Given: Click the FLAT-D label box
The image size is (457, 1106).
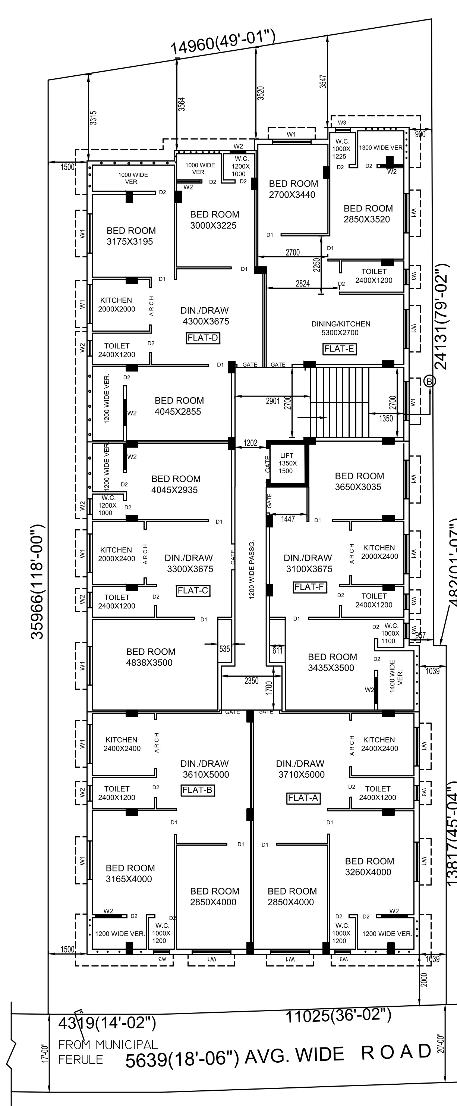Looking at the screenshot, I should click(x=203, y=338).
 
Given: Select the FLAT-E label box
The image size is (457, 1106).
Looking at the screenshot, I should click(x=339, y=349).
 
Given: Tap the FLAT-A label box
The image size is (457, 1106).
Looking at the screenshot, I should click(x=303, y=798).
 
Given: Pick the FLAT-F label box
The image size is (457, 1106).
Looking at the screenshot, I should click(x=309, y=586).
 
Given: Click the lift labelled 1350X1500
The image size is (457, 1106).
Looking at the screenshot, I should click(x=287, y=463).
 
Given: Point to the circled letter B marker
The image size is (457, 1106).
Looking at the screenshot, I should click(x=429, y=381).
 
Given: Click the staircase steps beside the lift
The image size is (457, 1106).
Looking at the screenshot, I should click(x=339, y=402).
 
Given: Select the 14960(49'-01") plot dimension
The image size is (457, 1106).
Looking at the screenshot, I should click(x=223, y=42).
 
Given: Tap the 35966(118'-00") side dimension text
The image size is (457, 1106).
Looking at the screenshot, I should click(x=37, y=582).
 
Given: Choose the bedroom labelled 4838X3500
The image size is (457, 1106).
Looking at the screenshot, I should click(x=150, y=657).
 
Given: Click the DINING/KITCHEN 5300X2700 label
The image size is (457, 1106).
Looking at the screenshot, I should click(x=341, y=328).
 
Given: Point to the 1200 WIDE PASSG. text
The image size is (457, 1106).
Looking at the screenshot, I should click(x=252, y=569).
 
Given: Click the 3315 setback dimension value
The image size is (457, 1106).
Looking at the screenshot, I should click(x=93, y=118).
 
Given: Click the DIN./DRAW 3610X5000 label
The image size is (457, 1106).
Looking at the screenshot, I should click(x=205, y=769).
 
